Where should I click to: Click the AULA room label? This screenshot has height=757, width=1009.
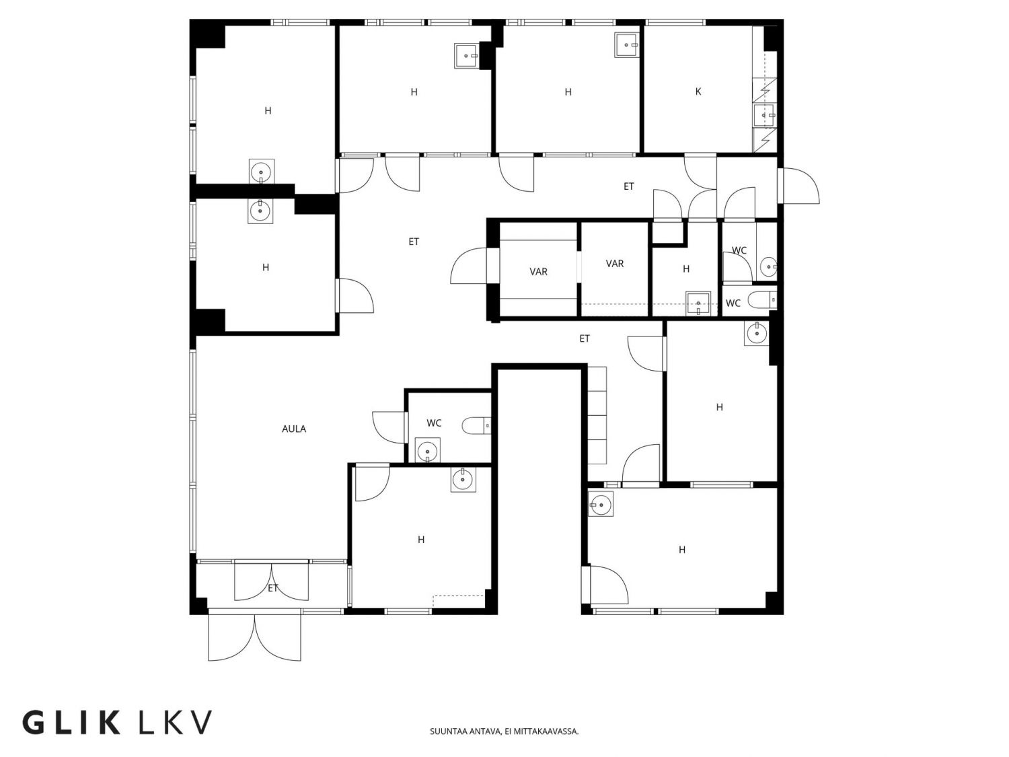coord(294,429)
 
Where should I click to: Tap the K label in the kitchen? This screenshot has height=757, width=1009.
coord(698,92)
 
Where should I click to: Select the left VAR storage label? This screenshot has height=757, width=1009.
coord(538,272)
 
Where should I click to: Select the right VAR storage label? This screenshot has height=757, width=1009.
coord(615,263)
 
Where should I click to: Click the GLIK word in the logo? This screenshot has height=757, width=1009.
coord(72,723)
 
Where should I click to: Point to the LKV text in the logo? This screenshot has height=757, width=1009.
coord(174,723)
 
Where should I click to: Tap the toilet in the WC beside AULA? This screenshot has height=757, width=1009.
coord(476,426)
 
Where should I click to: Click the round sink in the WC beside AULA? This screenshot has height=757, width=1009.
coord(428,450)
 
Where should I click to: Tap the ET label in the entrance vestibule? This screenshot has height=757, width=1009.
coord(272,588)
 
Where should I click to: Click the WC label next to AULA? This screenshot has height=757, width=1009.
coord(434,423)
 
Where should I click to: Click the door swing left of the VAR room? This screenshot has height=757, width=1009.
coord(469,266)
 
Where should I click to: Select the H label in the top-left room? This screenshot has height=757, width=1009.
coord(268,111)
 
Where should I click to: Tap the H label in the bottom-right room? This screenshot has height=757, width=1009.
coord(681,550)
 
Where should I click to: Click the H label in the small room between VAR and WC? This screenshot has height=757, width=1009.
coord(686,269)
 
